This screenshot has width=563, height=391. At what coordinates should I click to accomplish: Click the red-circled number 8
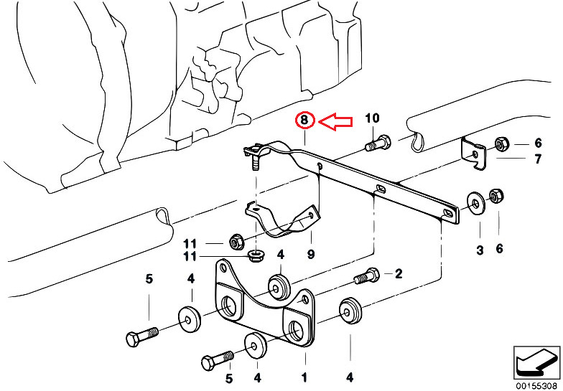pos(304,121)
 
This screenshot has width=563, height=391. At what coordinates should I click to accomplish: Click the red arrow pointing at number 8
pos(335,122)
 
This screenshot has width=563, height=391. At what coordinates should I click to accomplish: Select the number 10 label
pos(372,118)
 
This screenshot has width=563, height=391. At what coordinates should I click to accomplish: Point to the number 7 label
pos(537,159)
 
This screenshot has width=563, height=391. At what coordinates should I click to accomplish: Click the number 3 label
pos(480,250)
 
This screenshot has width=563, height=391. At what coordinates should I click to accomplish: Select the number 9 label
pos(311,254)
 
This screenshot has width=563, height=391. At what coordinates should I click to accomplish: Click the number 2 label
pos(399,274)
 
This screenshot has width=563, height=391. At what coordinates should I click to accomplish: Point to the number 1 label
pos(304,377)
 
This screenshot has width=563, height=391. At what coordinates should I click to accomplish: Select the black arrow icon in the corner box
pos(536,362)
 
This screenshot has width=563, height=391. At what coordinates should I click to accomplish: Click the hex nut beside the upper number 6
pos(501,144)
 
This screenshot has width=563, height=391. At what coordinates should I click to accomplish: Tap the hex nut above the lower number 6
pos(497,195)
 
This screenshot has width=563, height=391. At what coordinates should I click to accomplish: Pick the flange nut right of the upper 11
pos(237,242)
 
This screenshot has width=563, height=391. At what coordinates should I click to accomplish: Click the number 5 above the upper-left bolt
pos(149,278)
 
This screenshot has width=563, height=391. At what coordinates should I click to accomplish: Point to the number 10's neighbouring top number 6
pos(537,143)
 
